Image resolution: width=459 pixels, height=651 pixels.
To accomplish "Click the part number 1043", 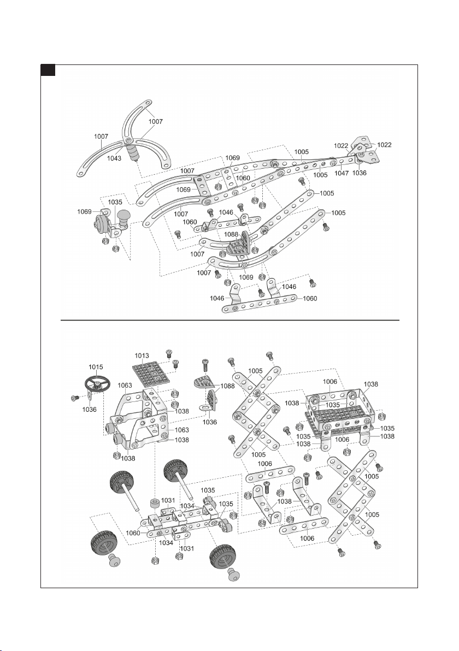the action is pos(114,158).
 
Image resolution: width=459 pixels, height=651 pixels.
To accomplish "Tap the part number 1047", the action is pos(342,173).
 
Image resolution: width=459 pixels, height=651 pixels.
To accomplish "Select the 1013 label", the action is pos(142,356).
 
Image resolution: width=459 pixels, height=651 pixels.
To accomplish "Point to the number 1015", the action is pos(96,367).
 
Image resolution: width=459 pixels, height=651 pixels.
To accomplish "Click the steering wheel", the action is pos(97,384).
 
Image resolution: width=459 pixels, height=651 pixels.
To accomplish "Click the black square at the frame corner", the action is pos(48,70).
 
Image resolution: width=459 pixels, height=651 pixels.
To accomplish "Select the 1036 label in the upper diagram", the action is pos(360,173).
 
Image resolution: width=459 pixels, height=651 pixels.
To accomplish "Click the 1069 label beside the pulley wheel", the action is pos(84,212).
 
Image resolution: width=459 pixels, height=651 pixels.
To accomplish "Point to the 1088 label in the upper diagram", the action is pos(231,234).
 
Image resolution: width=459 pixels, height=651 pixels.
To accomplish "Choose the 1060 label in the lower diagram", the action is pos(133,533).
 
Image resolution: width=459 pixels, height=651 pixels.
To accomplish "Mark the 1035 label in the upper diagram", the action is pos(115,202).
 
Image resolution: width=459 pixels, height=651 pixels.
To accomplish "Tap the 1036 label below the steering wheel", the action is pos(89,410).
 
